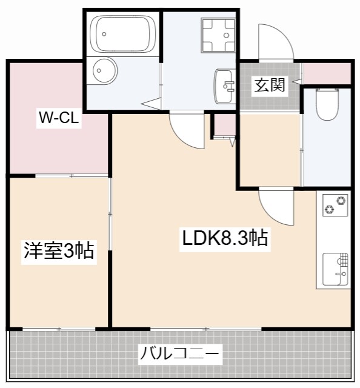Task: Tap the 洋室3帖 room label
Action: pos(59,250)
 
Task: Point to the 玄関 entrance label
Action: pos(269,85)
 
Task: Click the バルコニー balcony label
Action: pos(180,353)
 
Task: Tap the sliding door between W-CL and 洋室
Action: pos(72,176)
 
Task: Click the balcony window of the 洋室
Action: pos(59,329)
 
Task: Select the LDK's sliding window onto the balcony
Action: pos(206,329)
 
